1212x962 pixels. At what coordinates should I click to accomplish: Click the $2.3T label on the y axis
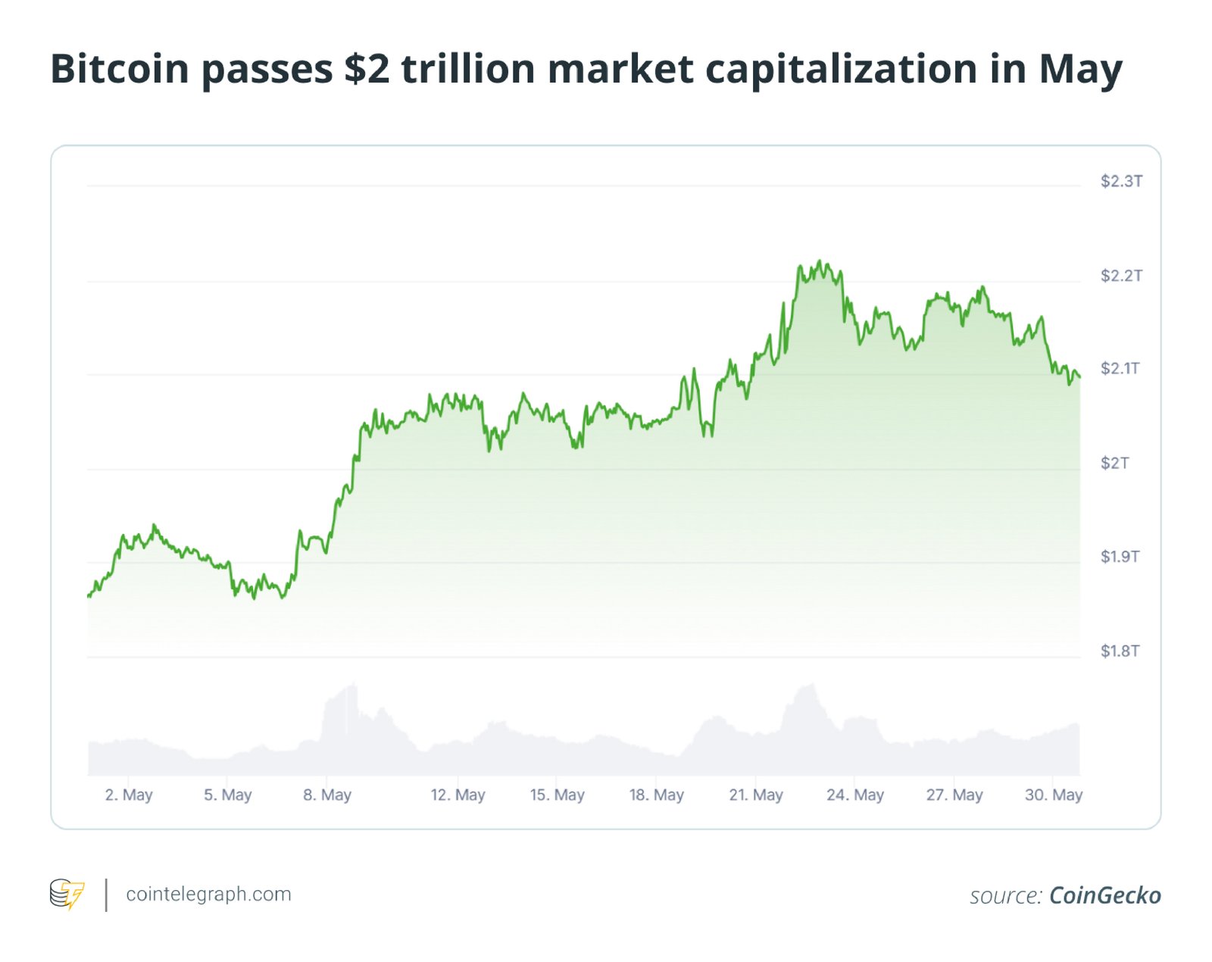click(1121, 181)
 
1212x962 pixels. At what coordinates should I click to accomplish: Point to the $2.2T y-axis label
click(1121, 276)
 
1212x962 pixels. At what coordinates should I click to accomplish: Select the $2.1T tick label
click(1120, 369)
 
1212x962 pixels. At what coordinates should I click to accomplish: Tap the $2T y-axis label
click(1114, 463)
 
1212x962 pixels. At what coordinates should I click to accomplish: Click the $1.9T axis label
click(1120, 557)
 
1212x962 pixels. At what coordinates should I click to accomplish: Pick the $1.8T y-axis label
click(1120, 651)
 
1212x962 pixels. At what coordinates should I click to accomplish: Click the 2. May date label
click(129, 795)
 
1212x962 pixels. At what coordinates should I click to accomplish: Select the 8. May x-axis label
click(327, 795)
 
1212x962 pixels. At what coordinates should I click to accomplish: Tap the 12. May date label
click(458, 795)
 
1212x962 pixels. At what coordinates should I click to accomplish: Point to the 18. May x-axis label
click(656, 795)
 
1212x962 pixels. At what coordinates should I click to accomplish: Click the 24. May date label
click(855, 795)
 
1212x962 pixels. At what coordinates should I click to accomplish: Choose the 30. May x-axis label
click(1054, 795)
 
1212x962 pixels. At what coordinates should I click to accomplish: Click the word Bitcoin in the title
click(119, 69)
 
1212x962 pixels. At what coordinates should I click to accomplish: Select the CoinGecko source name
click(1104, 895)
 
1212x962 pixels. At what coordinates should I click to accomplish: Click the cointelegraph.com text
click(208, 894)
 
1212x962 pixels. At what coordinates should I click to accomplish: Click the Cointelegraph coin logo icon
click(67, 894)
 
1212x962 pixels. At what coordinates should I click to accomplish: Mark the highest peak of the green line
click(820, 261)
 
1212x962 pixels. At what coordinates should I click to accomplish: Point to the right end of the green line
click(1079, 376)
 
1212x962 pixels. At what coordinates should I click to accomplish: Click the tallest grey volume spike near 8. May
click(353, 686)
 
